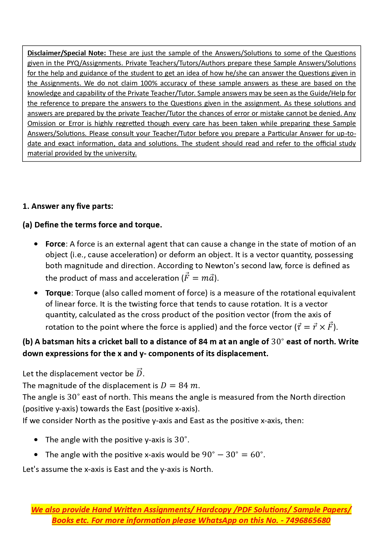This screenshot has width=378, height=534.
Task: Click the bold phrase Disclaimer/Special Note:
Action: pyautogui.click(x=66, y=53)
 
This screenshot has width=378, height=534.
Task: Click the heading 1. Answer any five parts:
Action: pyautogui.click(x=68, y=206)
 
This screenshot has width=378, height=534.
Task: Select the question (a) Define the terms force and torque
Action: pyautogui.click(x=92, y=225)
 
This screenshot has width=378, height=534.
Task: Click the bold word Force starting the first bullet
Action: pyautogui.click(x=55, y=244)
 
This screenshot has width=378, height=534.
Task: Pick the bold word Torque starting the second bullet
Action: pyautogui.click(x=58, y=293)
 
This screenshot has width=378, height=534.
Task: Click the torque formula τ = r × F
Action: pyautogui.click(x=315, y=327)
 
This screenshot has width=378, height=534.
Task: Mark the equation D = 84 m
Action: pyautogui.click(x=179, y=385)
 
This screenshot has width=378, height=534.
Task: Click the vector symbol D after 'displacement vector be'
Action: pyautogui.click(x=139, y=373)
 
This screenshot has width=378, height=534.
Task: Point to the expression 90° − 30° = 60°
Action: pyautogui.click(x=233, y=455)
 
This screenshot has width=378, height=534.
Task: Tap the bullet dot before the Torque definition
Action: pyautogui.click(x=36, y=293)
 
